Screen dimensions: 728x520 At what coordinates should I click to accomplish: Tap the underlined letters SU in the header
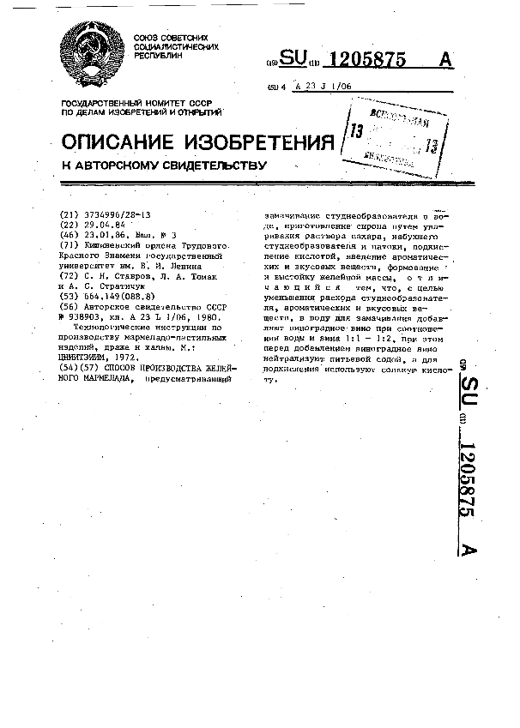(293, 59)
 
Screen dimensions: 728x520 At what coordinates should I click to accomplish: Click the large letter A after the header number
(444, 59)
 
